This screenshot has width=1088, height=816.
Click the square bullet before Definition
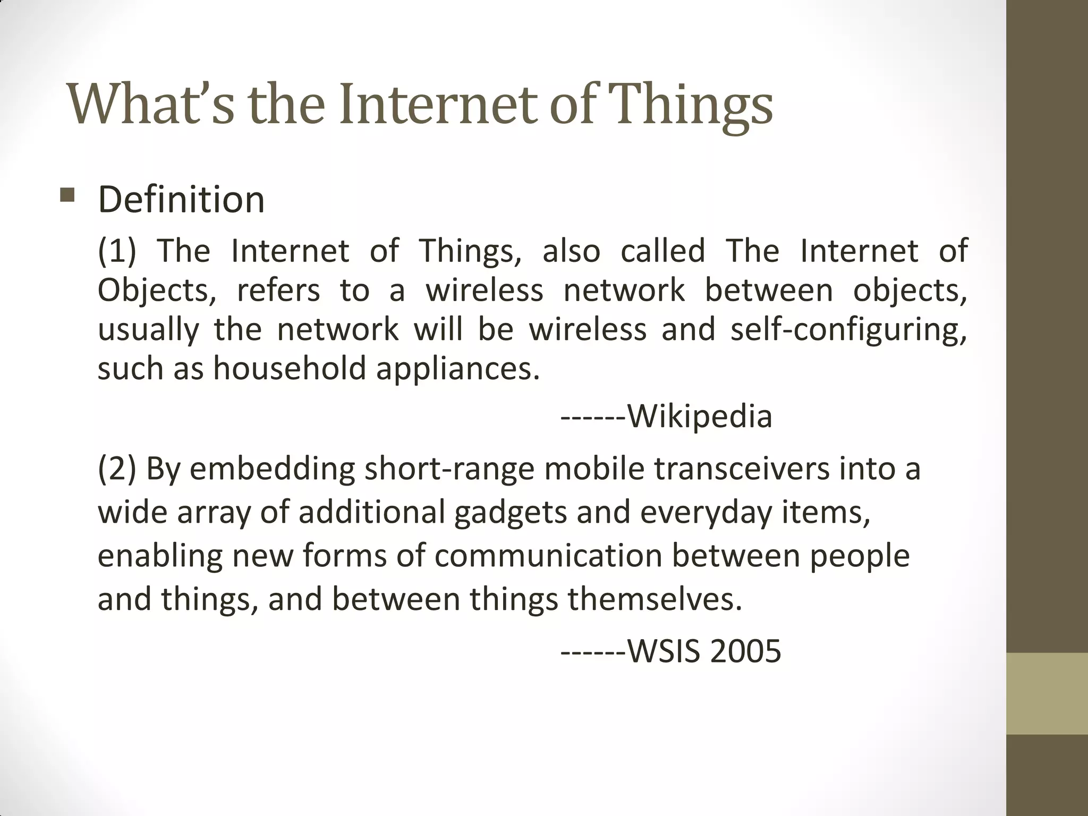[68, 195]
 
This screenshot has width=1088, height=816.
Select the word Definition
[181, 200]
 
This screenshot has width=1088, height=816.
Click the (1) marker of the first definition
[117, 251]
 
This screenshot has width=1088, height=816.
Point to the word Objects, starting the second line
[157, 291]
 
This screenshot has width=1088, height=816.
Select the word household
[290, 368]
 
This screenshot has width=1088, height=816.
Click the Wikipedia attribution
[699, 416]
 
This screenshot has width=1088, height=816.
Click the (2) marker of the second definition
[117, 469]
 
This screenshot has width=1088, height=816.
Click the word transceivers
[741, 469]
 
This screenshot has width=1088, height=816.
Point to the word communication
[548, 556]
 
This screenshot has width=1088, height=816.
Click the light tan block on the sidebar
[1047, 693]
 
